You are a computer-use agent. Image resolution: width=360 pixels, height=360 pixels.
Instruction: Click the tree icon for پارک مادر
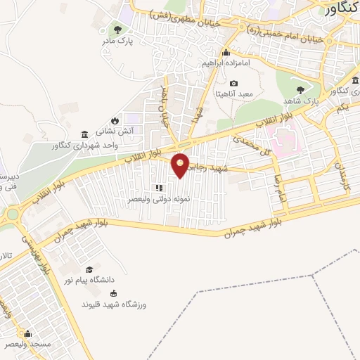pyautogui.click(x=117, y=30)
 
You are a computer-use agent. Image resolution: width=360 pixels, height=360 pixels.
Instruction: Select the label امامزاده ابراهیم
pyautogui.click(x=225, y=63)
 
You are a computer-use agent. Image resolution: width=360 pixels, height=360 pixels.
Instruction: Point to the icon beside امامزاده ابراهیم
pyautogui.click(x=225, y=53)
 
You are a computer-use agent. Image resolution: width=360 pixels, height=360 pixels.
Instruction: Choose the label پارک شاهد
pyautogui.click(x=303, y=101)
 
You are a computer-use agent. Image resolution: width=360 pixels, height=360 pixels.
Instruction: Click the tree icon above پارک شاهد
pyautogui.click(x=302, y=89)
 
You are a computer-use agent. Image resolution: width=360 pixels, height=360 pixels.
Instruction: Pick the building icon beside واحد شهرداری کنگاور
pyautogui.click(x=84, y=134)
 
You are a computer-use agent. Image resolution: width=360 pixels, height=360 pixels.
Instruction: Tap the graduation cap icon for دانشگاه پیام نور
pyautogui.click(x=89, y=269)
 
